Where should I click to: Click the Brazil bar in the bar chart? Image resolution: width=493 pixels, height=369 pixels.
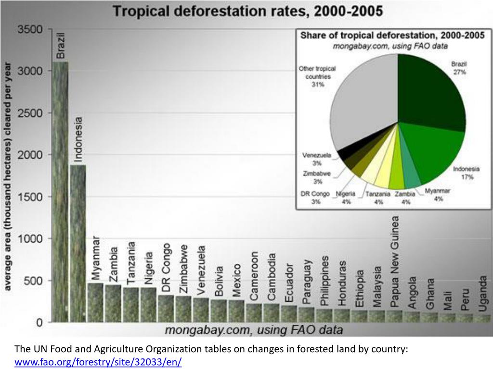(60, 192)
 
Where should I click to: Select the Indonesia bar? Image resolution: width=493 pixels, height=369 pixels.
(78, 243)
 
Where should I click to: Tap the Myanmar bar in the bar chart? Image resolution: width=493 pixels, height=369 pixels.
(95, 302)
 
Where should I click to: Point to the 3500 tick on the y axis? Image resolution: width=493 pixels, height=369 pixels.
(30, 30)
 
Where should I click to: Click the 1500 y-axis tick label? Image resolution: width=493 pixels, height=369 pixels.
(30, 197)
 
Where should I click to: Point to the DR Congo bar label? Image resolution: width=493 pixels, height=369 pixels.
(166, 268)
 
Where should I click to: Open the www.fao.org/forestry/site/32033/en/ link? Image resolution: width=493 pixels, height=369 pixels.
(98, 362)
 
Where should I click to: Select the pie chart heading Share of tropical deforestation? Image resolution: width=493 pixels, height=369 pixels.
(392, 36)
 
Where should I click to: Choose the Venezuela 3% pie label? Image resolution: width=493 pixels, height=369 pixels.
(317, 159)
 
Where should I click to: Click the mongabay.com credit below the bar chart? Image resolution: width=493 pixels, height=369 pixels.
(254, 330)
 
